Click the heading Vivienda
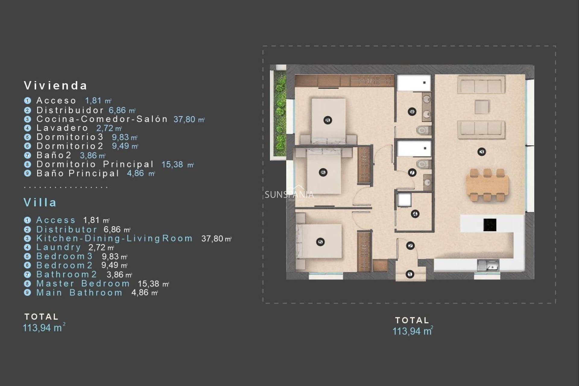55,86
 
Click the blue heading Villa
40,202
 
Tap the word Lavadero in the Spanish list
62,128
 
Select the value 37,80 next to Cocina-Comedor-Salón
184,119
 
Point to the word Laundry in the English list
59,247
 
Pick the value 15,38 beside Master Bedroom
148,284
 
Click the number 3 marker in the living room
482,152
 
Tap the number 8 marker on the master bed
328,120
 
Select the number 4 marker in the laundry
415,214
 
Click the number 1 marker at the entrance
410,274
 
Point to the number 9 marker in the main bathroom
412,112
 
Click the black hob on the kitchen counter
490,225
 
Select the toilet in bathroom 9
423,131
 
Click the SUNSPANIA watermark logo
289,194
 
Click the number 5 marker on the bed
320,242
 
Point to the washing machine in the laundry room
404,200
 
